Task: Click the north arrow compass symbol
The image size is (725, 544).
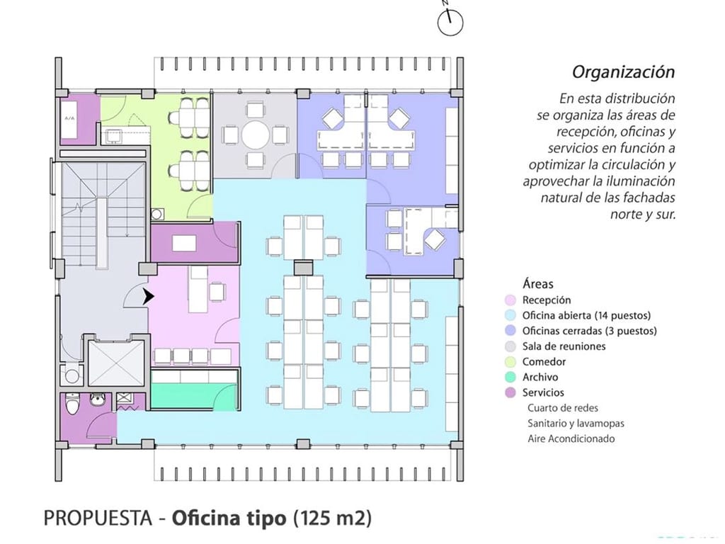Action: pyautogui.click(x=450, y=22)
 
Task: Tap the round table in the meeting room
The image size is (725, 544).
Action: pyautogui.click(x=255, y=135)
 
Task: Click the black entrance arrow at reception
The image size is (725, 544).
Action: pyautogui.click(x=148, y=297)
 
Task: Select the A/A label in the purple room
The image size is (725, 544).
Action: pyautogui.click(x=69, y=118)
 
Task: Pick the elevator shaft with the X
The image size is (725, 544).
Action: pyautogui.click(x=116, y=363)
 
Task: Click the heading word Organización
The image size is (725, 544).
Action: pyautogui.click(x=623, y=72)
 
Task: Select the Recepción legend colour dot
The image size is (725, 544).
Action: pyautogui.click(x=510, y=300)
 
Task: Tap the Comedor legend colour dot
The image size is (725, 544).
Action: pyautogui.click(x=510, y=362)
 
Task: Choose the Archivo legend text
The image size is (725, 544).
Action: pyautogui.click(x=540, y=377)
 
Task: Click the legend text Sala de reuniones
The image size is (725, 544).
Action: pyautogui.click(x=564, y=346)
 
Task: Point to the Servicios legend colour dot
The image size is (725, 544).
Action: pyautogui.click(x=510, y=392)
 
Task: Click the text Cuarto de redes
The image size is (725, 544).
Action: pyautogui.click(x=563, y=408)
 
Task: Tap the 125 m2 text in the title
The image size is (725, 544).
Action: pyautogui.click(x=333, y=518)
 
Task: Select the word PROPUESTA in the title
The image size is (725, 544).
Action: pyautogui.click(x=98, y=518)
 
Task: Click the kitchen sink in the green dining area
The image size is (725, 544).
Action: pyautogui.click(x=113, y=135)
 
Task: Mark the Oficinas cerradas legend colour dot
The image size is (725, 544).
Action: pyautogui.click(x=510, y=331)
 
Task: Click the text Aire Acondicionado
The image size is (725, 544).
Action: pyautogui.click(x=571, y=438)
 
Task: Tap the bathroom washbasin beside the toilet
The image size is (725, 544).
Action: pyautogui.click(x=97, y=399)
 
